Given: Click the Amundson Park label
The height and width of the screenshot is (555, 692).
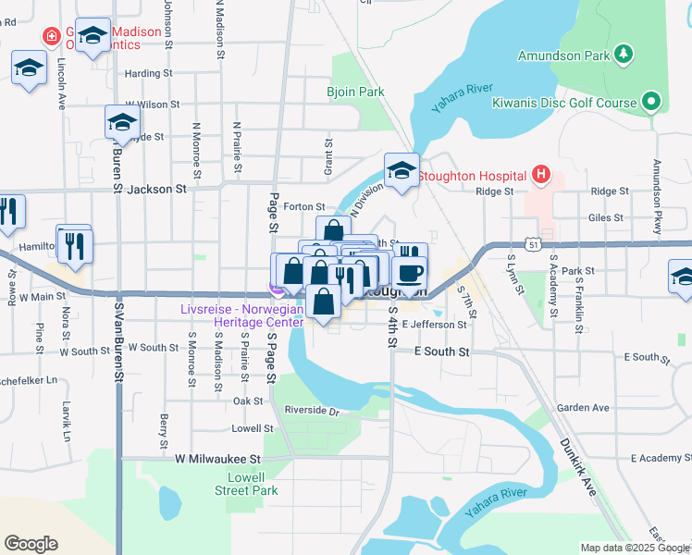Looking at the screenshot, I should point(564,55).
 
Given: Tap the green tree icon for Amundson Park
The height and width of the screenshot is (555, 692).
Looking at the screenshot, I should point(624,55).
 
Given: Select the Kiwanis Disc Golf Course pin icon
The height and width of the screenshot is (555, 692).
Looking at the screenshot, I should point(651,102).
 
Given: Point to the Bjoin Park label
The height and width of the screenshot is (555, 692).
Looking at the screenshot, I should point(355,92).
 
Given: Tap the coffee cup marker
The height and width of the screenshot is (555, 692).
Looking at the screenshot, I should point(408,272).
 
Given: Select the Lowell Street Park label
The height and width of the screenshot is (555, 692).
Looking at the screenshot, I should point(253,484).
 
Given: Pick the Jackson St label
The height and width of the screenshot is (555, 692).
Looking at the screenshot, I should point(156,188).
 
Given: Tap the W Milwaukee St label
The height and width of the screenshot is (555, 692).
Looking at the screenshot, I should point(218,458).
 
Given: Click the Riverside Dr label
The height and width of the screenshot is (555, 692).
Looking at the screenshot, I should point(312,411).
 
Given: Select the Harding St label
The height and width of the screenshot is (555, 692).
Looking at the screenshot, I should point(149,73).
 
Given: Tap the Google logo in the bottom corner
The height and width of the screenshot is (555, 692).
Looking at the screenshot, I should point(31,544).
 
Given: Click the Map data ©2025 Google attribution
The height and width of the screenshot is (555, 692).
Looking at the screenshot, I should point(635,548).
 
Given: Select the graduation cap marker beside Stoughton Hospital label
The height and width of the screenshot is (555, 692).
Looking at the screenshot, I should point(402,171).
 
